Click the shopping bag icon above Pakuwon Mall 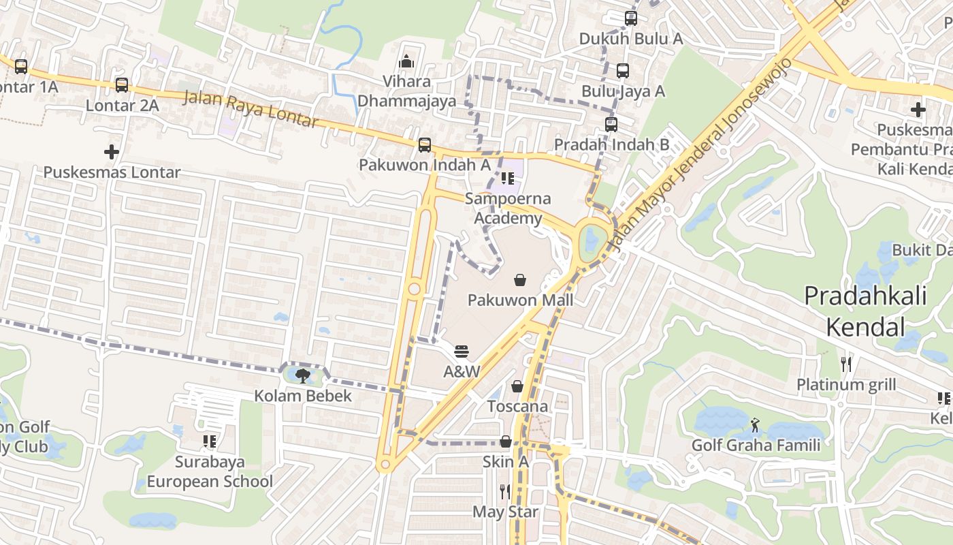(x=519, y=279)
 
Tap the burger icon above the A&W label (x=462, y=352)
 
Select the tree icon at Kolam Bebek (x=303, y=375)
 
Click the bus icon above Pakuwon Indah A (x=425, y=144)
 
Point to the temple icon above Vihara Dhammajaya (x=406, y=61)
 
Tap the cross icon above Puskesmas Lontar (x=112, y=151)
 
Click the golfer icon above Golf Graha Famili (x=755, y=426)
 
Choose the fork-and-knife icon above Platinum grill (x=846, y=364)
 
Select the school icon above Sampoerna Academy (x=507, y=178)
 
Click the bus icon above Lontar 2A (x=122, y=85)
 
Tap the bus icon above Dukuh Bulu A (x=631, y=18)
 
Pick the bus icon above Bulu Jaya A (x=623, y=71)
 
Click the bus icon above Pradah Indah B (x=611, y=125)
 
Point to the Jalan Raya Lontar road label (x=251, y=108)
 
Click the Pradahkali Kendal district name (x=865, y=311)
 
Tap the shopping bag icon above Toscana (x=517, y=386)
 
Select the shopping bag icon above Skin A (x=506, y=441)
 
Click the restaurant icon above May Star (x=505, y=491)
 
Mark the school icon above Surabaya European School (x=210, y=441)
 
